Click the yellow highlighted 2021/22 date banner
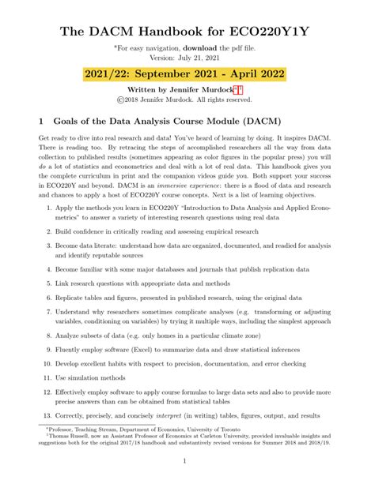pos(187,77)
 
